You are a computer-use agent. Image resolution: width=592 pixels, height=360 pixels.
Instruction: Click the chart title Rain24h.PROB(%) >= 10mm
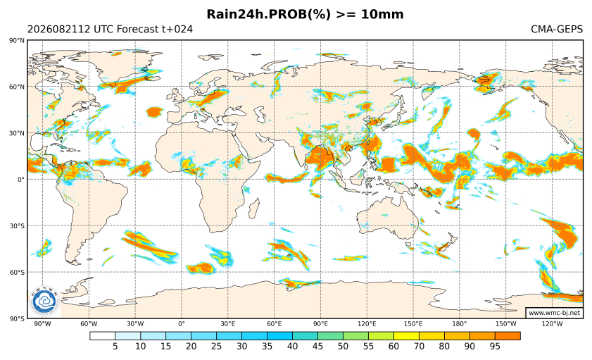click(305, 14)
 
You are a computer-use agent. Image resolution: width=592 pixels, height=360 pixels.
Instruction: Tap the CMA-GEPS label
click(557, 29)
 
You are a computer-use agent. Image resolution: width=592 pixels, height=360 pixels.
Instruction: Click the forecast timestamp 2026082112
click(58, 29)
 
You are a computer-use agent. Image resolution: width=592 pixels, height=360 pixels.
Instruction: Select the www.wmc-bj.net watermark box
click(554, 313)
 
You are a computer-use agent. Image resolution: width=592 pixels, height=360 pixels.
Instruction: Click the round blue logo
click(44, 302)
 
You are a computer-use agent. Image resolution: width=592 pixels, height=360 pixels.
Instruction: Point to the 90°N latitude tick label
click(17, 40)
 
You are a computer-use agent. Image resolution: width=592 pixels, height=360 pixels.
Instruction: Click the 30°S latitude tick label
click(17, 226)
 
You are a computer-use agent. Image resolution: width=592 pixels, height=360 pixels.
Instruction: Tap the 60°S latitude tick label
click(17, 273)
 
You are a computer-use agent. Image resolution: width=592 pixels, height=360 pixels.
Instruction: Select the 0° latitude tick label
click(21, 180)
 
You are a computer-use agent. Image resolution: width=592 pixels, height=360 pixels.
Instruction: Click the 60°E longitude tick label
click(275, 324)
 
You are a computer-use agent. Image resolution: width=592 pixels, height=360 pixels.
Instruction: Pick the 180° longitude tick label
click(460, 324)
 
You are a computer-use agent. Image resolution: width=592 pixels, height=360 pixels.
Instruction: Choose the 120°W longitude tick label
click(553, 324)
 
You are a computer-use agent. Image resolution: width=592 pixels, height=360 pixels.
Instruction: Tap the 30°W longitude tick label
click(135, 324)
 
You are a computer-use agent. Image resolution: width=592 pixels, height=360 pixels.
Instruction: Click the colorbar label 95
click(495, 346)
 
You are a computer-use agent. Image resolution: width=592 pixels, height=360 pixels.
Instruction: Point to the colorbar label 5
click(115, 346)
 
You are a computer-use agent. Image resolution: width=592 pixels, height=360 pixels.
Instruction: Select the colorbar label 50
click(344, 346)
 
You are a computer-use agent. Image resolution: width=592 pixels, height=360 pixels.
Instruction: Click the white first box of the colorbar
click(102, 336)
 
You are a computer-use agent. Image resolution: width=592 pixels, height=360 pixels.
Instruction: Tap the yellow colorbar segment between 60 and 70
click(406, 336)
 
